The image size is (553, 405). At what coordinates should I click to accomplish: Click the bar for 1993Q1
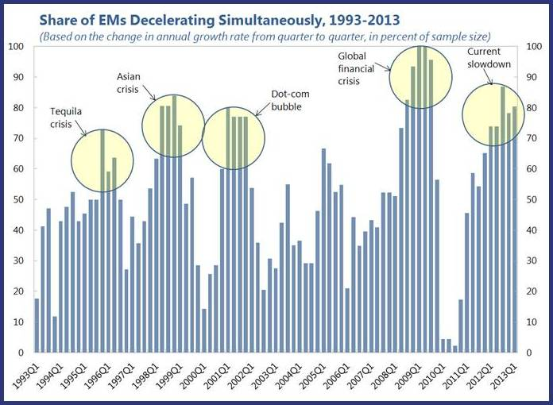[37, 326]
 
